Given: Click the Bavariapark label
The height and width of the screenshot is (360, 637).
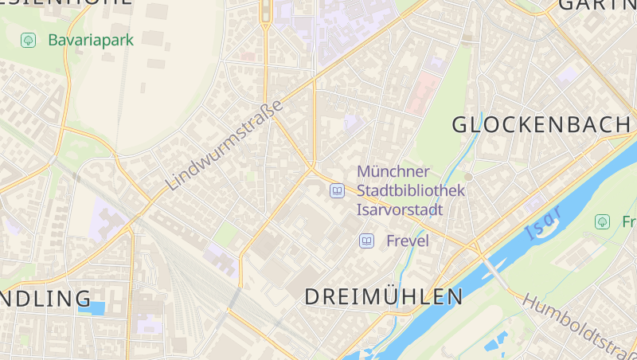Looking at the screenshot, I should pos(90,39).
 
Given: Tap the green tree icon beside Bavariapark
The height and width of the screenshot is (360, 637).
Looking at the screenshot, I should pos(29,39).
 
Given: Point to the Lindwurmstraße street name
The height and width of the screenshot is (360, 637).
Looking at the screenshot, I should pos(225,146).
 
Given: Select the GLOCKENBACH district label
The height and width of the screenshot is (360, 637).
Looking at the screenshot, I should pos(541,124).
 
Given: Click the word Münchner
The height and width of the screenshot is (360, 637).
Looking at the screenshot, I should pos(393,171).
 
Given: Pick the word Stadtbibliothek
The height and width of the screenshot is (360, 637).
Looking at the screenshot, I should pos(411,191).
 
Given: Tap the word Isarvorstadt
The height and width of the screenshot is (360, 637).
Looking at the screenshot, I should pos(400,210).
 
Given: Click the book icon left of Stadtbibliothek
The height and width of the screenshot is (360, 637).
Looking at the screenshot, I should pos(338,191).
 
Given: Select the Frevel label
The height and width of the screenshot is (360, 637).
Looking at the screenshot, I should pos(408,241).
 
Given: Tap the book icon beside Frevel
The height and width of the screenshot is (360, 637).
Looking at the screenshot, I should pos(366,241).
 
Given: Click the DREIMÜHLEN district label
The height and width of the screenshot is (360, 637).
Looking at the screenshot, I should pos(384,297).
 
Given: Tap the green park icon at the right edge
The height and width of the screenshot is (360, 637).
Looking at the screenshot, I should pos(603,221).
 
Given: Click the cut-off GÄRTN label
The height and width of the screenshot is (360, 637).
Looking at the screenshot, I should pos(597,5).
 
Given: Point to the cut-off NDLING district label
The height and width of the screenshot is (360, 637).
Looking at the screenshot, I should pos(45,299).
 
